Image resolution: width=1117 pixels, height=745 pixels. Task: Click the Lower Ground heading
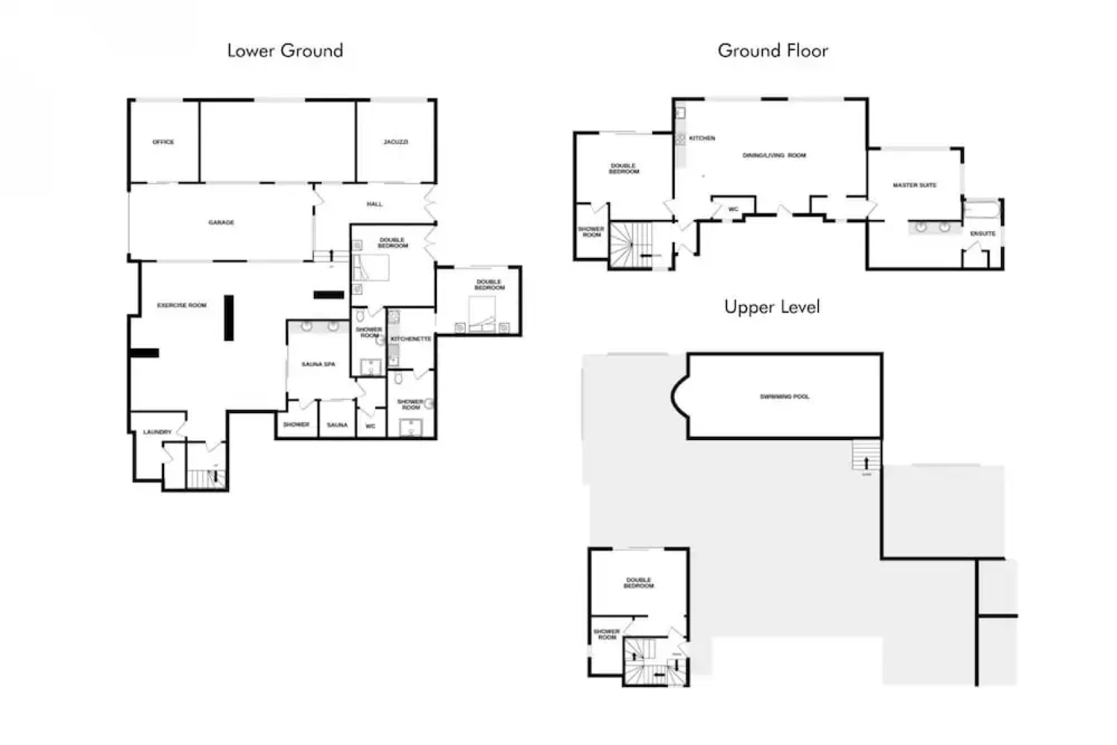point(285,50)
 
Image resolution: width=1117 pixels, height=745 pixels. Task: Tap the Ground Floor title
point(773,50)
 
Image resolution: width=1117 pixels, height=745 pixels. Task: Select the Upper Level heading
point(772,307)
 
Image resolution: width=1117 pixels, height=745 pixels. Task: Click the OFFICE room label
point(164,142)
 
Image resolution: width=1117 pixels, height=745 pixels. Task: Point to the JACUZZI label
point(396,142)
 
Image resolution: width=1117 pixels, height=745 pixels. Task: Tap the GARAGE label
point(221,223)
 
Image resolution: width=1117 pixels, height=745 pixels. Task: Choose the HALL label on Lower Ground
point(375,204)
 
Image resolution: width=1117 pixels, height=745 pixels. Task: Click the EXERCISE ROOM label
point(181,305)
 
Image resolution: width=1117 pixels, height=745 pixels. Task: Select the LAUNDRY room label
point(157,433)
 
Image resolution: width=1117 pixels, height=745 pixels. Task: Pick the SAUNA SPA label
point(318,364)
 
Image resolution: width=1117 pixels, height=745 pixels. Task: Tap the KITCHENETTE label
point(411,339)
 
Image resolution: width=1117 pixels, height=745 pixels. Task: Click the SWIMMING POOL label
point(784,397)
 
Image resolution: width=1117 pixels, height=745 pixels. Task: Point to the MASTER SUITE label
point(914,186)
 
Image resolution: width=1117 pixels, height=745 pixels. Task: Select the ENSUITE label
point(982,234)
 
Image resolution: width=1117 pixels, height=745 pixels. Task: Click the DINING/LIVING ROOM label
point(774,156)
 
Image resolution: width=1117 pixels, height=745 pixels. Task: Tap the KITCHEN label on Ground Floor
point(702,139)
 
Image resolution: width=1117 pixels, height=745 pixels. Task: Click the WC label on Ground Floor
point(733,209)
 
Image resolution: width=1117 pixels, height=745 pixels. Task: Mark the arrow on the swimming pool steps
point(867,462)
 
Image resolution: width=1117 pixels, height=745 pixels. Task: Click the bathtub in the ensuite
point(981,209)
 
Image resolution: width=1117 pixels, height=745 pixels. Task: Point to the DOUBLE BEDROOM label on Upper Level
point(639,583)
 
